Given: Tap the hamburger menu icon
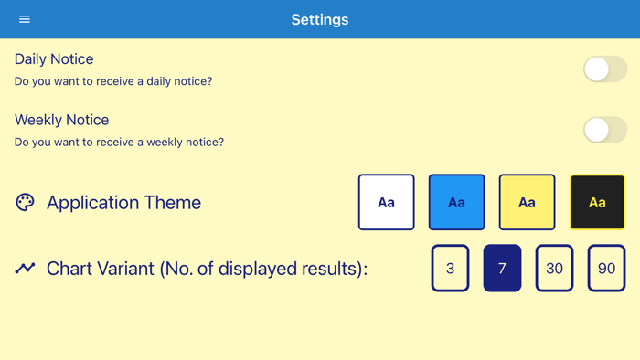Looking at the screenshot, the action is pos(25,19).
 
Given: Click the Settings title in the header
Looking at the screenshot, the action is pos(320,19).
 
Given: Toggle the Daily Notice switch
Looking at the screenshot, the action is pos(605,69).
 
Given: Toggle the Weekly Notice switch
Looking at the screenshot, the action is pos(605,130).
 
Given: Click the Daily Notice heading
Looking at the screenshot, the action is pos(54,59).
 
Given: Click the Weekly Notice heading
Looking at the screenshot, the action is pos(61,120).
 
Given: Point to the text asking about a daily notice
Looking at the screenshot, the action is pos(113,81).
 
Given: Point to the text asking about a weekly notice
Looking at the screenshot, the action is pos(119,142).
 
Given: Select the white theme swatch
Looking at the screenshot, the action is pos(386,202).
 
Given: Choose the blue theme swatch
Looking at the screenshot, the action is pos(457,202).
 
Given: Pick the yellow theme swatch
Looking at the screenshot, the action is pos(527,202).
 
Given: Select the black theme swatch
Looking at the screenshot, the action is pos(597,202).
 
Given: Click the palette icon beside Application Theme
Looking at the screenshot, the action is pos(25,202).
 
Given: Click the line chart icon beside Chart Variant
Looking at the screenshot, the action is pos(25,269).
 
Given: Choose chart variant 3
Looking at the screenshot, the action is pos(450,269).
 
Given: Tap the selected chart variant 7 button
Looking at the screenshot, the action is pos(502,269).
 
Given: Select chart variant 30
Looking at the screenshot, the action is pos(554,269).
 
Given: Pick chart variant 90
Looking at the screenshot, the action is pos(606,269).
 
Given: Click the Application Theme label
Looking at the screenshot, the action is pos(123,203).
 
